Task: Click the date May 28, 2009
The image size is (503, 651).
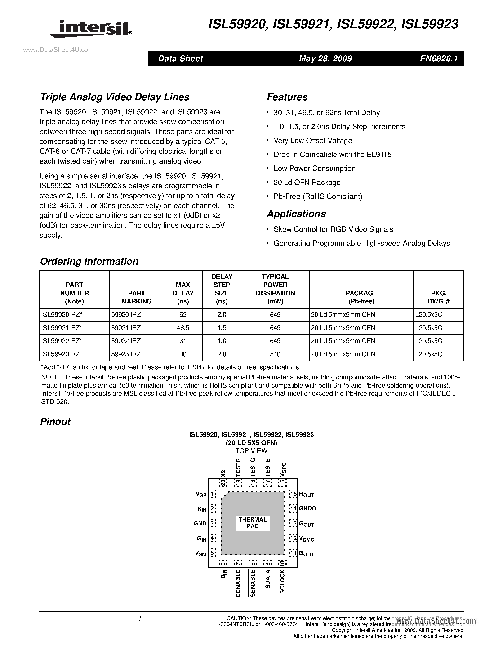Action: [325, 58]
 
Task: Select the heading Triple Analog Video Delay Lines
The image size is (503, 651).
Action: [115, 97]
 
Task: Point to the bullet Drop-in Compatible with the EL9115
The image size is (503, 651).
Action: [333, 154]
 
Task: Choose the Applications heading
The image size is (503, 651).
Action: [296, 214]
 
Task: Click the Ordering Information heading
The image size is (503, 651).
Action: [89, 261]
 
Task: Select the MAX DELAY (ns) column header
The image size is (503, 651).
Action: [183, 293]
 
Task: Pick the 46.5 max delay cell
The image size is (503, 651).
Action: [183, 328]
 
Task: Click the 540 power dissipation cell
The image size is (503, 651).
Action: [275, 354]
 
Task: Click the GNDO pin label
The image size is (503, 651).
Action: [307, 508]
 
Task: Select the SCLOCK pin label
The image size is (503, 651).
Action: [282, 582]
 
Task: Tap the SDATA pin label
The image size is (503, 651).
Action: [267, 579]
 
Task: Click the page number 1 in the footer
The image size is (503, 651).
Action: [139, 619]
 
